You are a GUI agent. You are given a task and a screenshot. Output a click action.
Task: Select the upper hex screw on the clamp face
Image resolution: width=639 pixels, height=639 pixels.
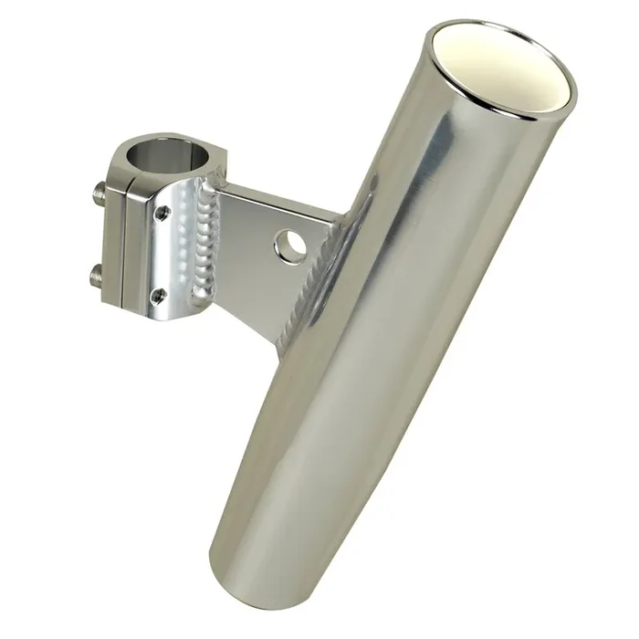[162, 214]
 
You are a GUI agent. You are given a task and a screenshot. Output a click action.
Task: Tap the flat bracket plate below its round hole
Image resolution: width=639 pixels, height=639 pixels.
[274, 292]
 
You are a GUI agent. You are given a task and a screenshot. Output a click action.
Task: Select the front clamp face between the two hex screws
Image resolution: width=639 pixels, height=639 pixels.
[162, 254]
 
